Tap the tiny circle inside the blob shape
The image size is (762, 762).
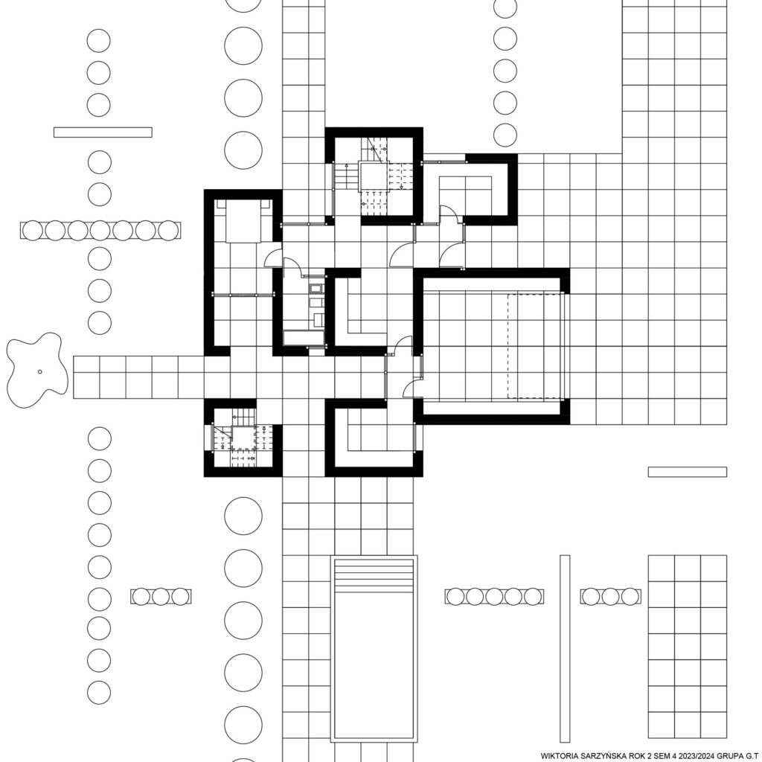point(40,372)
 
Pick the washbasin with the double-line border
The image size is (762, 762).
point(316,289)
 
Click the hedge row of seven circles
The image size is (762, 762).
point(100,231)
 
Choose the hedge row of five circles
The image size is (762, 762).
point(494,596)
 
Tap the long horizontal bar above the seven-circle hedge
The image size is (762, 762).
point(103,132)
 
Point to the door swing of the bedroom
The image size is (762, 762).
point(272,257)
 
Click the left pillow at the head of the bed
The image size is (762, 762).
point(221,204)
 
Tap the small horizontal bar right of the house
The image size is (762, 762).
point(687,472)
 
